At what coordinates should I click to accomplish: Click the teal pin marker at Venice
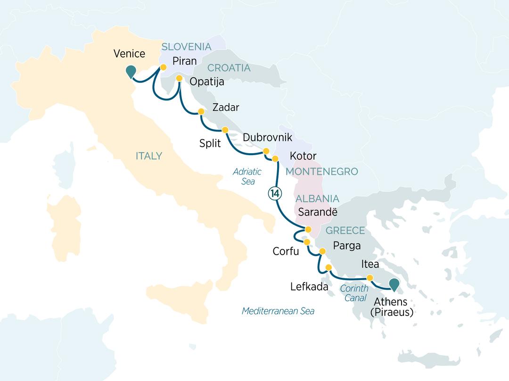131,71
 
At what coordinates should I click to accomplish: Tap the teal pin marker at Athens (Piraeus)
394,284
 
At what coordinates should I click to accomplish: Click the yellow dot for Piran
163,67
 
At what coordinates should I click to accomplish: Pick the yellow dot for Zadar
201,112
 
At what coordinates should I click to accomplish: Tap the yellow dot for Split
225,130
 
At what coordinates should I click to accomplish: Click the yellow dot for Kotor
276,158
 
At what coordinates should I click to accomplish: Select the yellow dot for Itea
370,278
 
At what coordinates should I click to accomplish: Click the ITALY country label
149,156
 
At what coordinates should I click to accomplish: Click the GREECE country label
345,231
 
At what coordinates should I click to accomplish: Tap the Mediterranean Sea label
278,311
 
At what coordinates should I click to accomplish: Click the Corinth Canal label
353,292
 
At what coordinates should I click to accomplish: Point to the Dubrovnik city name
267,138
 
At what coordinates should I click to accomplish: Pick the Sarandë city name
318,212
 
